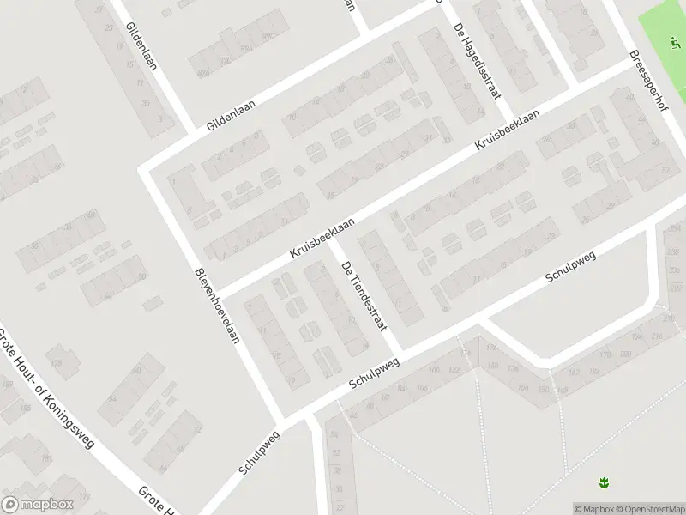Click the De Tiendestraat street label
pos(364,296)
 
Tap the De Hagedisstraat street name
pos(477,62)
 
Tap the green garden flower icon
pos(605,483)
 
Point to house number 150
pos(543,389)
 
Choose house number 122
pos(454,369)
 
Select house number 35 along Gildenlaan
pos(146,104)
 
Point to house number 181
pos(46,459)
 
